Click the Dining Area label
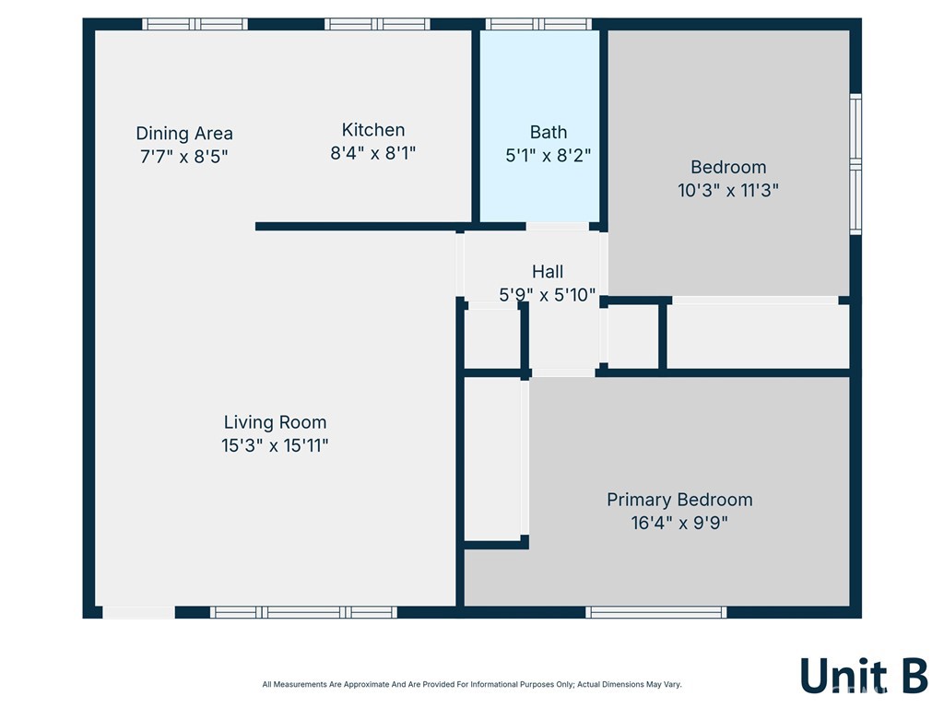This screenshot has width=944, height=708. [184, 133]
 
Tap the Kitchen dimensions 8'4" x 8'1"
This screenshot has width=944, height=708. [372, 153]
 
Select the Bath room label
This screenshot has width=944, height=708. [548, 132]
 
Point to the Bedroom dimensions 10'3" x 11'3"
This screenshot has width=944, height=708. [728, 190]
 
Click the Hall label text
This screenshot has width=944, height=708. [548, 272]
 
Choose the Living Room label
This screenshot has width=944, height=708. [275, 422]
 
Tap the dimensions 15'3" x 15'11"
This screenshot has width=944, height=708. [275, 445]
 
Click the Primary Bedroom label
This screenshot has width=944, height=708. [679, 500]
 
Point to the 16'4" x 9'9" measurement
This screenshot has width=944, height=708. [679, 523]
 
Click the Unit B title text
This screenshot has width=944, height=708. [864, 675]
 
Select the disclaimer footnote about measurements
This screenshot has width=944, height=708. [472, 685]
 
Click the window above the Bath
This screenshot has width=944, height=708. [538, 24]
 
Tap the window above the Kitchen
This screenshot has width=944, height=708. [377, 24]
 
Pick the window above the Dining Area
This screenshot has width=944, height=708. [195, 24]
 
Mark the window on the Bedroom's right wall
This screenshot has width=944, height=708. [855, 163]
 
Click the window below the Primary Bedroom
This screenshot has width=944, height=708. [656, 612]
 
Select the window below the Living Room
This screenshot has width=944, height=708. [303, 612]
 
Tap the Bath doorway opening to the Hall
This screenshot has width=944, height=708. [558, 227]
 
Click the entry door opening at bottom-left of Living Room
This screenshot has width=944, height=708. [138, 612]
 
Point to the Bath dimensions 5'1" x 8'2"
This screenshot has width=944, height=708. [548, 155]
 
